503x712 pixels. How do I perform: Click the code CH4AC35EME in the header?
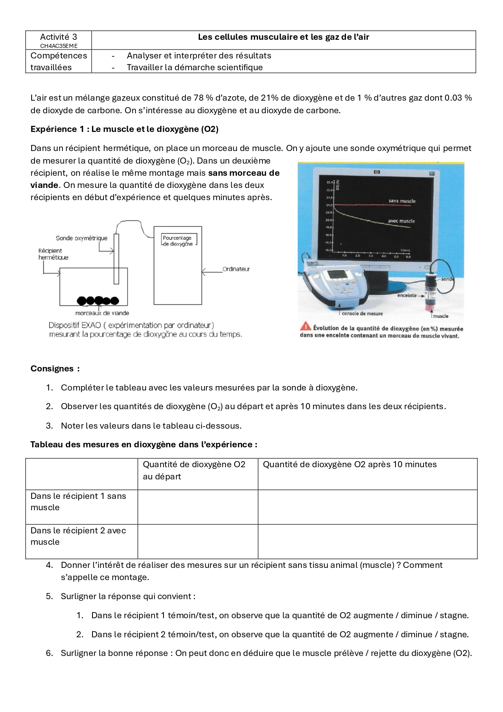coord(58,46)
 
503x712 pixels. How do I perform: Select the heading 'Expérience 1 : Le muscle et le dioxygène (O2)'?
coord(125,129)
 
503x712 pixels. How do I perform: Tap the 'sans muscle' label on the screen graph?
coord(402,201)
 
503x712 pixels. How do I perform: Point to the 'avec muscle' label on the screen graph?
coord(401,221)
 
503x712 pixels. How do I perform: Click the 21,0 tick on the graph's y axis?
coord(329,205)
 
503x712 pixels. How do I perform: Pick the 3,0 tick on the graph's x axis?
coord(370,256)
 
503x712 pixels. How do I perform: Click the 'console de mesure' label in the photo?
coord(362,313)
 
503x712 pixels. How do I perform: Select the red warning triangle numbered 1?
coord(305,327)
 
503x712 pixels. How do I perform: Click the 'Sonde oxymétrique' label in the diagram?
coord(82,238)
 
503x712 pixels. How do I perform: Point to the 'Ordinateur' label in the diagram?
coord(236,269)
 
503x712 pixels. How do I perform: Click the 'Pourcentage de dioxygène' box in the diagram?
coord(178,241)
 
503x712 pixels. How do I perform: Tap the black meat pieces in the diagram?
coord(98,301)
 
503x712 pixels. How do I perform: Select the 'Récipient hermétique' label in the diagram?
coord(53,254)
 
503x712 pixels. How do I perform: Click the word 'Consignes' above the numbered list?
coord(52,369)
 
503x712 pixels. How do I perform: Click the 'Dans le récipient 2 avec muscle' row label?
coord(78,536)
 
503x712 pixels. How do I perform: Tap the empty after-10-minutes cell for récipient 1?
coord(367,507)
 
